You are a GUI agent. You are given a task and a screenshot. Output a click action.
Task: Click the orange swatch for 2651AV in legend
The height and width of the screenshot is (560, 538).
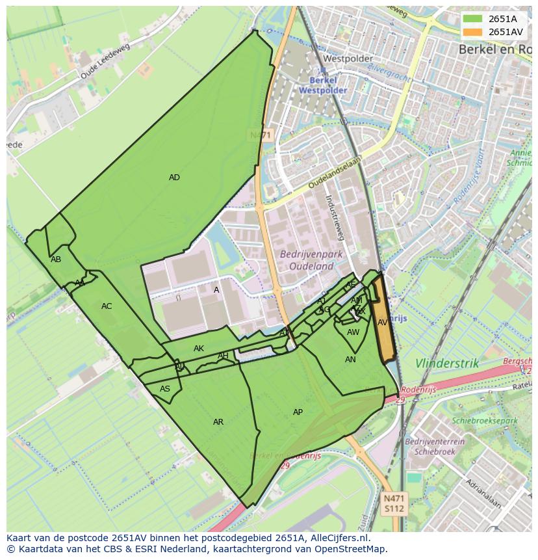point(474,32)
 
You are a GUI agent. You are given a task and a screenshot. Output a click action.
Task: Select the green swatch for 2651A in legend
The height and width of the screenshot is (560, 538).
point(474,19)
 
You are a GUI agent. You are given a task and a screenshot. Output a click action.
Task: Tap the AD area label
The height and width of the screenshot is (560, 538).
point(174,178)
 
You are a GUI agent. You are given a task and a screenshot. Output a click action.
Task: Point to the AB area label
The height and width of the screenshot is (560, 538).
point(56,260)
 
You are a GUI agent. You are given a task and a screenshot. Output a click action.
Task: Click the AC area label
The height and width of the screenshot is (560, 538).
point(107,306)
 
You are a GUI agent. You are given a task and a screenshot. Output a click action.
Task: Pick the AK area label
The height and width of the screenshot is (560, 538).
point(199,349)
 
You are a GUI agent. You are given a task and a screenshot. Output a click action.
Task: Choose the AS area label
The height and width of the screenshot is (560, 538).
point(165,389)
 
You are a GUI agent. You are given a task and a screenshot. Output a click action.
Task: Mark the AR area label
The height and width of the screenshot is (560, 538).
point(218,422)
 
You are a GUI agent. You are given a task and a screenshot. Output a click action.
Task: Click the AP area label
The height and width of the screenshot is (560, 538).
point(298,412)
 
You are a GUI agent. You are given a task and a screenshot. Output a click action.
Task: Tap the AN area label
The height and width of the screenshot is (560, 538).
point(350,360)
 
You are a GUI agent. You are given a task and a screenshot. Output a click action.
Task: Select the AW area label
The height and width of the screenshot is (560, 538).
point(353,332)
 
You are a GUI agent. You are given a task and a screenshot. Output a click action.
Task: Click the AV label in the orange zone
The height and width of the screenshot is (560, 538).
point(383,323)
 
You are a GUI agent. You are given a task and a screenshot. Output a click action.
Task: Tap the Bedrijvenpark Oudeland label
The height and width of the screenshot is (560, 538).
point(307,260)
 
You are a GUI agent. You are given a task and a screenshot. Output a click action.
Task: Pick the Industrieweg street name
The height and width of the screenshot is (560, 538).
point(337,217)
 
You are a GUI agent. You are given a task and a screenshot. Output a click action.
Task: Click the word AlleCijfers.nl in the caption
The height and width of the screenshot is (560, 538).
point(339,538)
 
